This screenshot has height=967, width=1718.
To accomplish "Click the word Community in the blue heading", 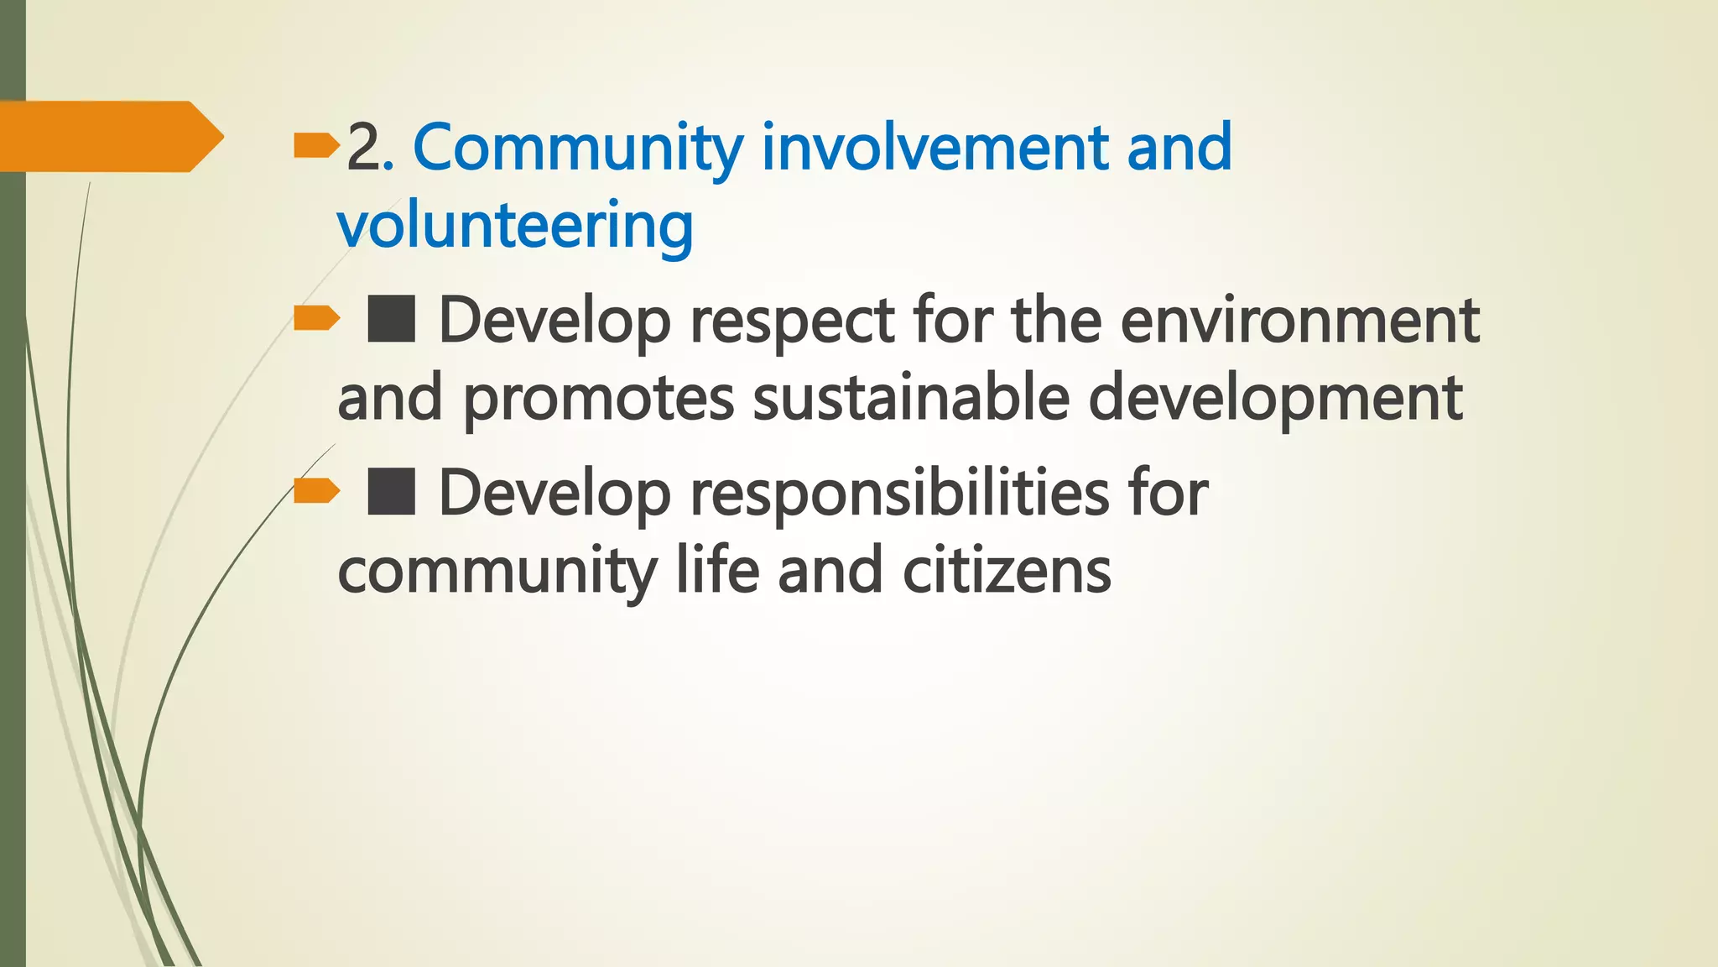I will (x=578, y=148).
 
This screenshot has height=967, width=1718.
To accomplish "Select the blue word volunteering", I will (x=515, y=226).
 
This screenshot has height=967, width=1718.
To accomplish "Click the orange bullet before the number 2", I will (x=316, y=148).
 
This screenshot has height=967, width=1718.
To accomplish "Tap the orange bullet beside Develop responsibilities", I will (x=316, y=490).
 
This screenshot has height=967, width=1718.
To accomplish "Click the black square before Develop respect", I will (x=391, y=319).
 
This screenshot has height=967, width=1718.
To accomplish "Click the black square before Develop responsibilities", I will (x=391, y=492).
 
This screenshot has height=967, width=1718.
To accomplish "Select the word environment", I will (x=1299, y=321).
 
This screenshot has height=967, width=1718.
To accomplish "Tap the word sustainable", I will (x=911, y=398).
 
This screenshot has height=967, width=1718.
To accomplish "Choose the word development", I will (x=1275, y=400).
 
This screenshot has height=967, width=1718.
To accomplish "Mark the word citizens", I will (x=1007, y=571).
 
